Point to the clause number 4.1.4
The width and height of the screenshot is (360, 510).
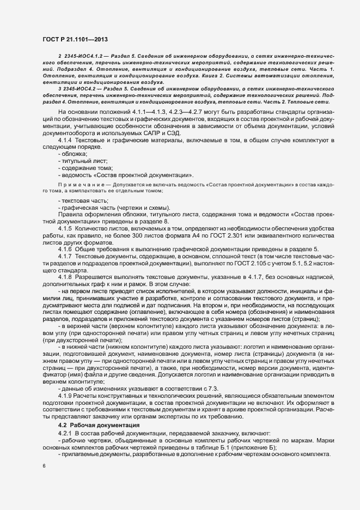(66, 141)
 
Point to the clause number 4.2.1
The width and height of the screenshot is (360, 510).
(66, 433)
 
